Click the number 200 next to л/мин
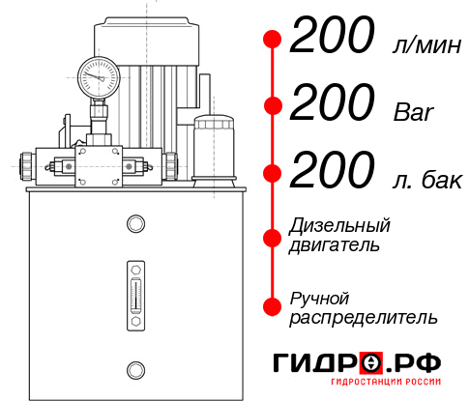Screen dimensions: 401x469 coord(332,40)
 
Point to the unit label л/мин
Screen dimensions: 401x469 coord(424,44)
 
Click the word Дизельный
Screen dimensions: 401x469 coord(340,226)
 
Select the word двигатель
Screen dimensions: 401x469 coord(335,245)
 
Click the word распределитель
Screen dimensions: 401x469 coord(363,317)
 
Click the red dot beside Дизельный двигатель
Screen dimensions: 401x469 coord(273,237)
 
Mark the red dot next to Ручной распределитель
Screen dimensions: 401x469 coord(273,306)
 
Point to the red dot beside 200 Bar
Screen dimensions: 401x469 coord(273,106)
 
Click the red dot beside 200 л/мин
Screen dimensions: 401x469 coord(273,40)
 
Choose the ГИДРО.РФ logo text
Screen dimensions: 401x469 coord(357,363)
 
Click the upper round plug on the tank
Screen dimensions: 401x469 coord(134,225)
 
